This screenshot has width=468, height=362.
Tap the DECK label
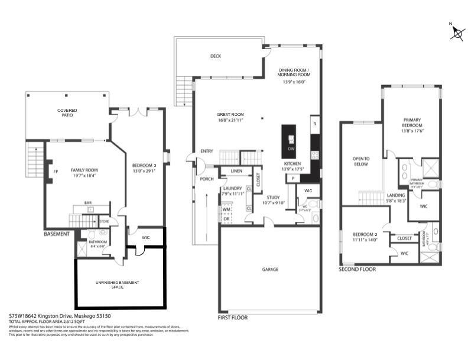pyautogui.click(x=216, y=57)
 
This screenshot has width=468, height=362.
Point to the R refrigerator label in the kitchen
pyautogui.click(x=315, y=124)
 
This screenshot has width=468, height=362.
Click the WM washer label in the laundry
pyautogui.click(x=226, y=209)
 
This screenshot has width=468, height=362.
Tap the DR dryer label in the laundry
pyautogui.click(x=226, y=219)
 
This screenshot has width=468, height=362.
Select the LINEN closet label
pyautogui.click(x=236, y=172)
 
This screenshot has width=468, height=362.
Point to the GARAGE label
pyautogui.click(x=270, y=269)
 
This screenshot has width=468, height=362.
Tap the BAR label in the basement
pyautogui.click(x=87, y=203)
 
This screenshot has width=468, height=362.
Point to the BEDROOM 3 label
pyautogui.click(x=144, y=166)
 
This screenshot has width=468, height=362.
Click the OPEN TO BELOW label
pyautogui.click(x=360, y=161)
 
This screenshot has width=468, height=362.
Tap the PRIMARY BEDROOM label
pyautogui.click(x=412, y=122)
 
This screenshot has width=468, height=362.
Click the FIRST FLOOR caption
pyautogui.click(x=233, y=318)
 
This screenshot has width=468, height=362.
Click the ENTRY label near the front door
pyautogui.click(x=207, y=151)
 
